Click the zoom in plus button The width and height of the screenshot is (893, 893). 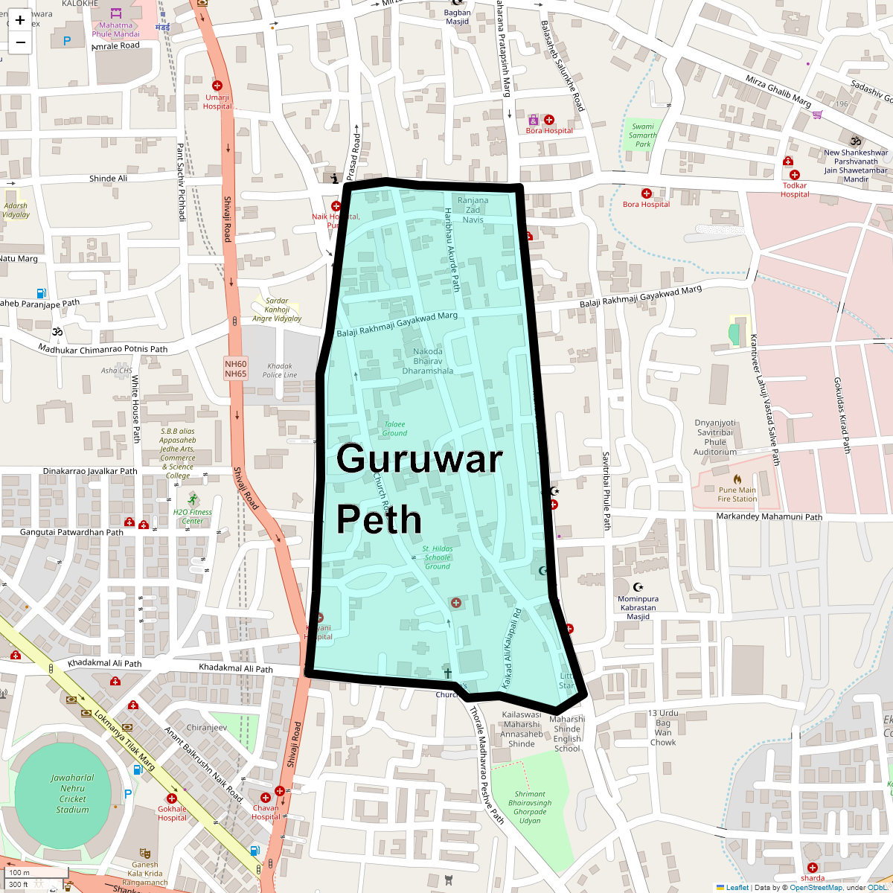[20, 20]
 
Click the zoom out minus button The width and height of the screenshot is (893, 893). [20, 42]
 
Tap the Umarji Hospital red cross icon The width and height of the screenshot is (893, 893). [217, 86]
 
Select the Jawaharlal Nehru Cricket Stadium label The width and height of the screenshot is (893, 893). [72, 793]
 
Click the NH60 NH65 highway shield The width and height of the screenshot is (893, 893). [235, 368]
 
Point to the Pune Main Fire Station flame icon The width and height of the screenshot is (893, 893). [737, 479]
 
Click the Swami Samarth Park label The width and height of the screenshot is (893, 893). [643, 135]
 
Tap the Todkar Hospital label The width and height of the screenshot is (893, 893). [795, 190]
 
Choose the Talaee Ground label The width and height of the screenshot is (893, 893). [394, 429]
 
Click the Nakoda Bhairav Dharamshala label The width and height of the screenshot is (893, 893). [428, 361]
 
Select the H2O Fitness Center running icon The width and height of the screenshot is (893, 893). [193, 499]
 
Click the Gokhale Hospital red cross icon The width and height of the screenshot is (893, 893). [172, 798]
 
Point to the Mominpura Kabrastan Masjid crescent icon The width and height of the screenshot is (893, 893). [638, 588]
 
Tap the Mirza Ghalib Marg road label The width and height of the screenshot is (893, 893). [778, 91]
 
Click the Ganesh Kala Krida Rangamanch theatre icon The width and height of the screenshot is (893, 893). [145, 853]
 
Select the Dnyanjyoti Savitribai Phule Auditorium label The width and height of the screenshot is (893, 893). [715, 437]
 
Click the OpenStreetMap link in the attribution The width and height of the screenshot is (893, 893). [816, 887]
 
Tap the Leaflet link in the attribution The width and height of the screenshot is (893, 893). [737, 887]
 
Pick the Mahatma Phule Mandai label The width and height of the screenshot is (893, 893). [115, 30]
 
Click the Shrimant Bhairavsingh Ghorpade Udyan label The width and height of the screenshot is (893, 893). [530, 807]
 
